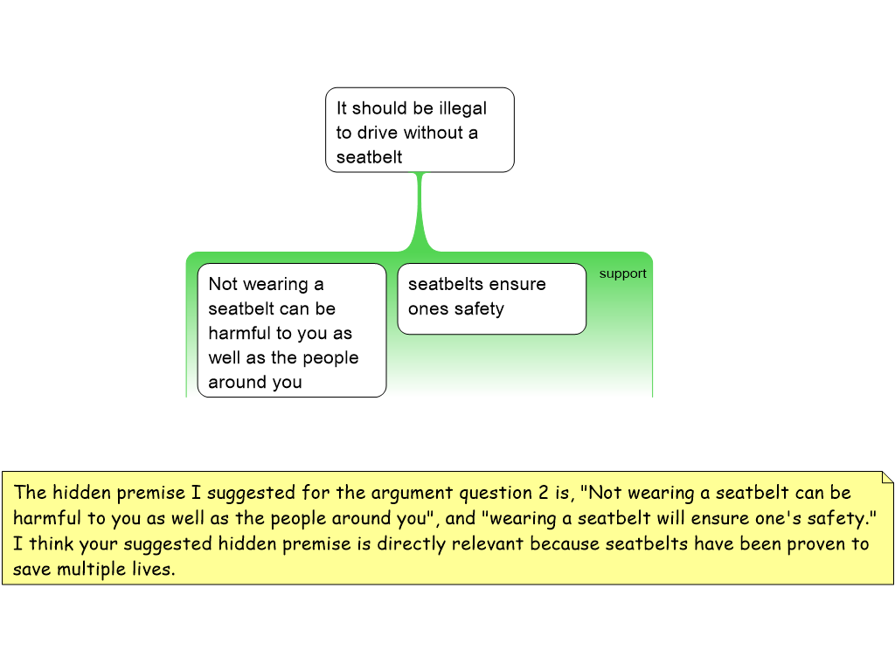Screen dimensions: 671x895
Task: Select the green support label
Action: pos(622,273)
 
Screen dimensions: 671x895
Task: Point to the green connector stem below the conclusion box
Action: pos(421,210)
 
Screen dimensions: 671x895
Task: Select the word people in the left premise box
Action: pos(330,357)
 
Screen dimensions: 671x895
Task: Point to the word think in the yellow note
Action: pos(51,543)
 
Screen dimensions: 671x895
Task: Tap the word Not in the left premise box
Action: pos(222,284)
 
